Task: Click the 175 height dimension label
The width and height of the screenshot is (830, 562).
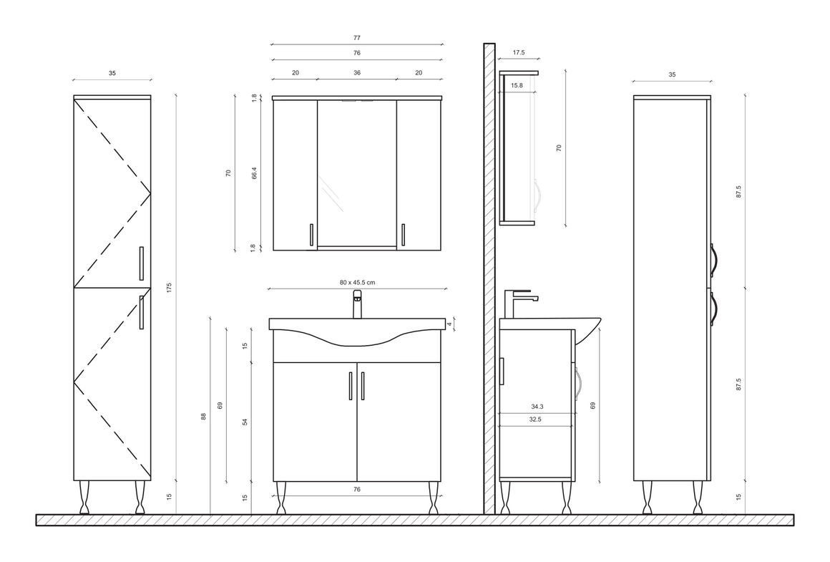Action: coord(170,288)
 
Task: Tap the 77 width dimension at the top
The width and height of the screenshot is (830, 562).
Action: coord(357,38)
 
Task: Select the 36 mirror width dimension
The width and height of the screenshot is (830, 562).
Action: coord(357,72)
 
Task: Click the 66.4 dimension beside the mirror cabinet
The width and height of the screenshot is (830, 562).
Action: coord(254,173)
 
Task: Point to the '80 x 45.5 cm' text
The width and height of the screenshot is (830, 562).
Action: coord(357,282)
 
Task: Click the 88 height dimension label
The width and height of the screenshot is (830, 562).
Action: coord(203,417)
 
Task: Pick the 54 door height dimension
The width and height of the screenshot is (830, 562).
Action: coord(245,422)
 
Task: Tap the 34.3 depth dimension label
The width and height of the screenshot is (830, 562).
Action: coord(537,407)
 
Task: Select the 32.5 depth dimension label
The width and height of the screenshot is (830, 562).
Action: coord(535,420)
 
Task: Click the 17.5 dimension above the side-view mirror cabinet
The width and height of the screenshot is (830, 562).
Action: coord(519,52)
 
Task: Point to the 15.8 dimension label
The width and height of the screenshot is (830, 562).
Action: coord(517,85)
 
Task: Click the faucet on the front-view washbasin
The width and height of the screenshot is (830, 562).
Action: coord(357,304)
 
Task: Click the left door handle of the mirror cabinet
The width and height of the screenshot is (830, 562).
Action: coord(311,236)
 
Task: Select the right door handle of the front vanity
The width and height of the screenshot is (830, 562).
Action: coord(363,386)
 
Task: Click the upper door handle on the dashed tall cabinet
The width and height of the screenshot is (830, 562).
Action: coord(142,263)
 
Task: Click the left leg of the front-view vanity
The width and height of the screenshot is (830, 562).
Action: coord(281,498)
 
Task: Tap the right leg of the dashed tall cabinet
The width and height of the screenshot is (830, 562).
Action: coord(140,498)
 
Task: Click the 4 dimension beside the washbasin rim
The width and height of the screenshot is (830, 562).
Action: coord(449,324)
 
